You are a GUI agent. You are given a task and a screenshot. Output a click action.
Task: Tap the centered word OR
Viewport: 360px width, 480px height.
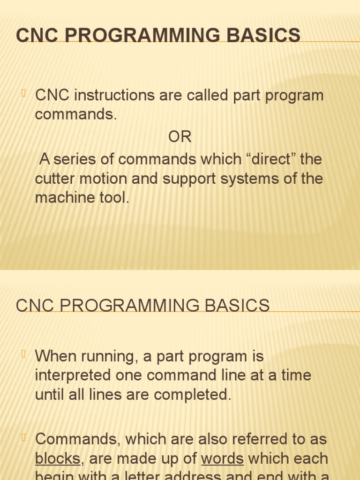point(180,137)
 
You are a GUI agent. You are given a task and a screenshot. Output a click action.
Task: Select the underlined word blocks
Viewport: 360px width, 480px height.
point(58,458)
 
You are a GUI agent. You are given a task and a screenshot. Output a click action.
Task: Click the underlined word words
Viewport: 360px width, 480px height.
point(222,458)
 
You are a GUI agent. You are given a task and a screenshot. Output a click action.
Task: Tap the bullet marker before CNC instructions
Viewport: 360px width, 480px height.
point(24,94)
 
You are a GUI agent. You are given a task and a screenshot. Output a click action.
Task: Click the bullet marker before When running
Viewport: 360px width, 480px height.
point(24,355)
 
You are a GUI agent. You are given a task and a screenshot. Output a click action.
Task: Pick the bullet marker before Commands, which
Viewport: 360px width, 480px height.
point(24,437)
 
